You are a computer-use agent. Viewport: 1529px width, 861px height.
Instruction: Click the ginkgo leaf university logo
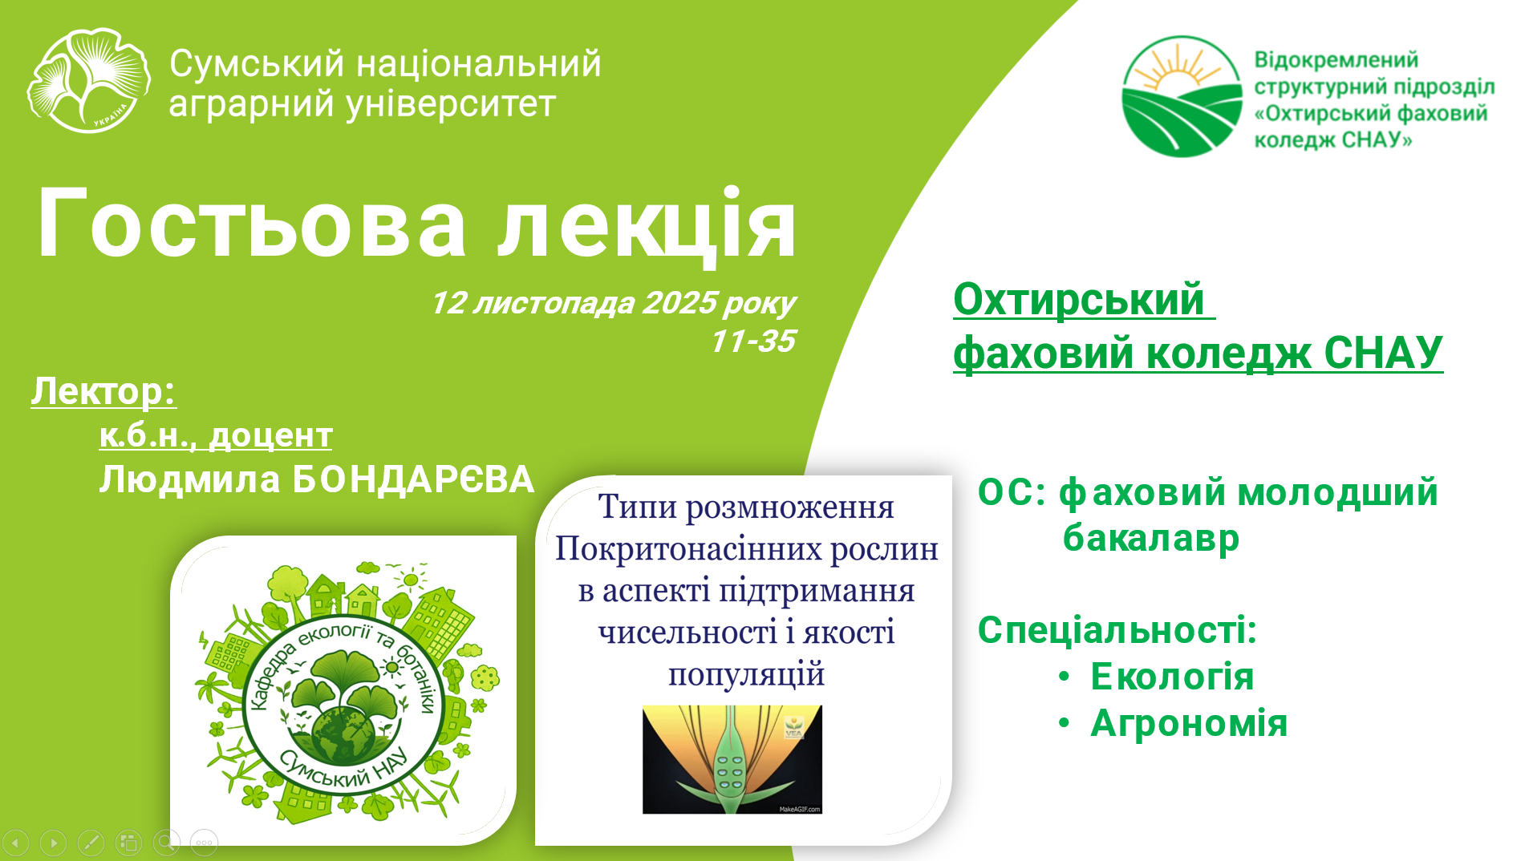click(88, 81)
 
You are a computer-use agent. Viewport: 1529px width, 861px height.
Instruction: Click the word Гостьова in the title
click(251, 224)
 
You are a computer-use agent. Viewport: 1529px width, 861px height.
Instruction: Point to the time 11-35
click(753, 341)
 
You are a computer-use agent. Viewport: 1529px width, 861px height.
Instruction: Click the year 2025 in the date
click(679, 303)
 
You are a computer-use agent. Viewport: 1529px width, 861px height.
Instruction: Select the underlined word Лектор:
click(103, 392)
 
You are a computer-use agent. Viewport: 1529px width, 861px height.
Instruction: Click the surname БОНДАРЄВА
click(413, 479)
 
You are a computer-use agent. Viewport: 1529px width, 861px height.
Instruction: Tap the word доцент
click(271, 435)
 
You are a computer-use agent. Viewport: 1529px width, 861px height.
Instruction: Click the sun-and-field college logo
click(1182, 96)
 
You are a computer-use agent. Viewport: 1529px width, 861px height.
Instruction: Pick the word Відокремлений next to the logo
click(1336, 60)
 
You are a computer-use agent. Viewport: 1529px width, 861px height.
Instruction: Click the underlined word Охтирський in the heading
click(1079, 300)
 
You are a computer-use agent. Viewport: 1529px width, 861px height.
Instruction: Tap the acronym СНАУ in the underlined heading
click(1383, 353)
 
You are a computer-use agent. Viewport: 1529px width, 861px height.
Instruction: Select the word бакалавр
click(1151, 538)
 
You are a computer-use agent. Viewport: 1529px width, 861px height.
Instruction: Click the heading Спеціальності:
click(1117, 630)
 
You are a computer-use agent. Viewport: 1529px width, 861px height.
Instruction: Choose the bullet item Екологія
click(1172, 677)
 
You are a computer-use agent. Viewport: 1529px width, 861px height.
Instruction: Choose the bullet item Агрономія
click(1189, 723)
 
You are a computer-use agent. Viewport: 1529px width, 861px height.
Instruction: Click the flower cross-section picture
click(732, 760)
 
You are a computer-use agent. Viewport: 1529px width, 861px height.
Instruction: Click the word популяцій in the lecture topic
click(746, 675)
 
